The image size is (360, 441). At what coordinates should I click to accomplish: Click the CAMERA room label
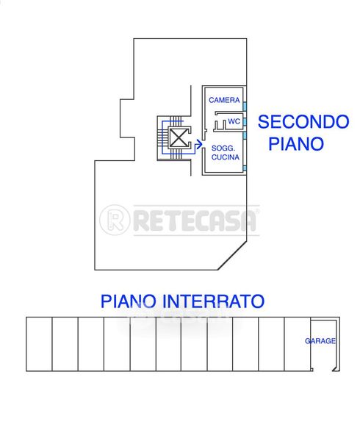click(224, 100)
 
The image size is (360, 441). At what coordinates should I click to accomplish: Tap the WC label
click(234, 121)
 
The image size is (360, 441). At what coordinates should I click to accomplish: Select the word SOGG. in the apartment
click(223, 148)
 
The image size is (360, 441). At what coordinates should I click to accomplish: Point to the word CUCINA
click(225, 157)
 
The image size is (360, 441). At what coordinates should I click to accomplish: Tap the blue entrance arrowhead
click(198, 145)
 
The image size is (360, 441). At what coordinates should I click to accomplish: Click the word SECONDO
click(303, 121)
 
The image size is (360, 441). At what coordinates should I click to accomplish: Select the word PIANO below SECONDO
click(296, 143)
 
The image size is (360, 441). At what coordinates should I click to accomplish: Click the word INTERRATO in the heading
click(214, 301)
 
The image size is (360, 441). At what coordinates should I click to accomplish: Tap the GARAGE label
click(320, 341)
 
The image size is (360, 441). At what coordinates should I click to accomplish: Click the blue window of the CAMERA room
click(245, 107)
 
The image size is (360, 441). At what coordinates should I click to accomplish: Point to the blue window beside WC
click(245, 122)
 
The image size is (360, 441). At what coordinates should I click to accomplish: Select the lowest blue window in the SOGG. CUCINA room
click(245, 168)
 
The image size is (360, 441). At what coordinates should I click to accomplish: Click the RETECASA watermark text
click(195, 220)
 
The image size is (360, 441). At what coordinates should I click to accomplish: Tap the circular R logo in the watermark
click(115, 220)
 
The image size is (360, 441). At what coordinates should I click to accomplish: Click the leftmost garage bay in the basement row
click(39, 344)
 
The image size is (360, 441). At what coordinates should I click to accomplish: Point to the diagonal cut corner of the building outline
click(232, 255)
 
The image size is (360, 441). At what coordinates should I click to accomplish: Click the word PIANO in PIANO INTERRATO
click(128, 301)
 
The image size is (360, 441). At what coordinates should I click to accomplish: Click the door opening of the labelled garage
click(323, 370)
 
